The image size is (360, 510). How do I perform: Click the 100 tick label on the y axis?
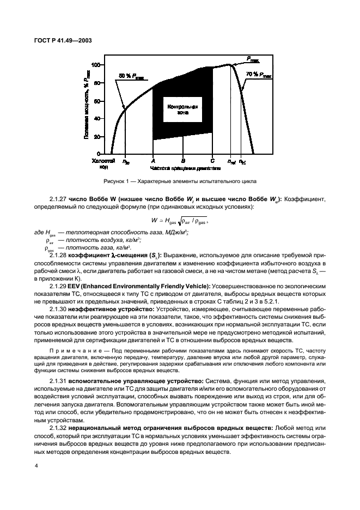tap(96, 65)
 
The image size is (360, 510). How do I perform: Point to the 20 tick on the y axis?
tap(97, 137)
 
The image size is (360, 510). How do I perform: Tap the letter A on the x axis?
tap(153, 161)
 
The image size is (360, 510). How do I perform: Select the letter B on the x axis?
tap(183, 161)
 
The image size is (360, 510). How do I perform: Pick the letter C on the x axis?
tap(212, 161)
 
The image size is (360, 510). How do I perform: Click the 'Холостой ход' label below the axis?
tap(102, 163)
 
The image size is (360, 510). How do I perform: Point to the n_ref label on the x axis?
tap(231, 162)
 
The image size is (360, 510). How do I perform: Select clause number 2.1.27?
tap(59, 200)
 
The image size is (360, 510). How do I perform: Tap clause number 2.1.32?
tap(59, 428)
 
